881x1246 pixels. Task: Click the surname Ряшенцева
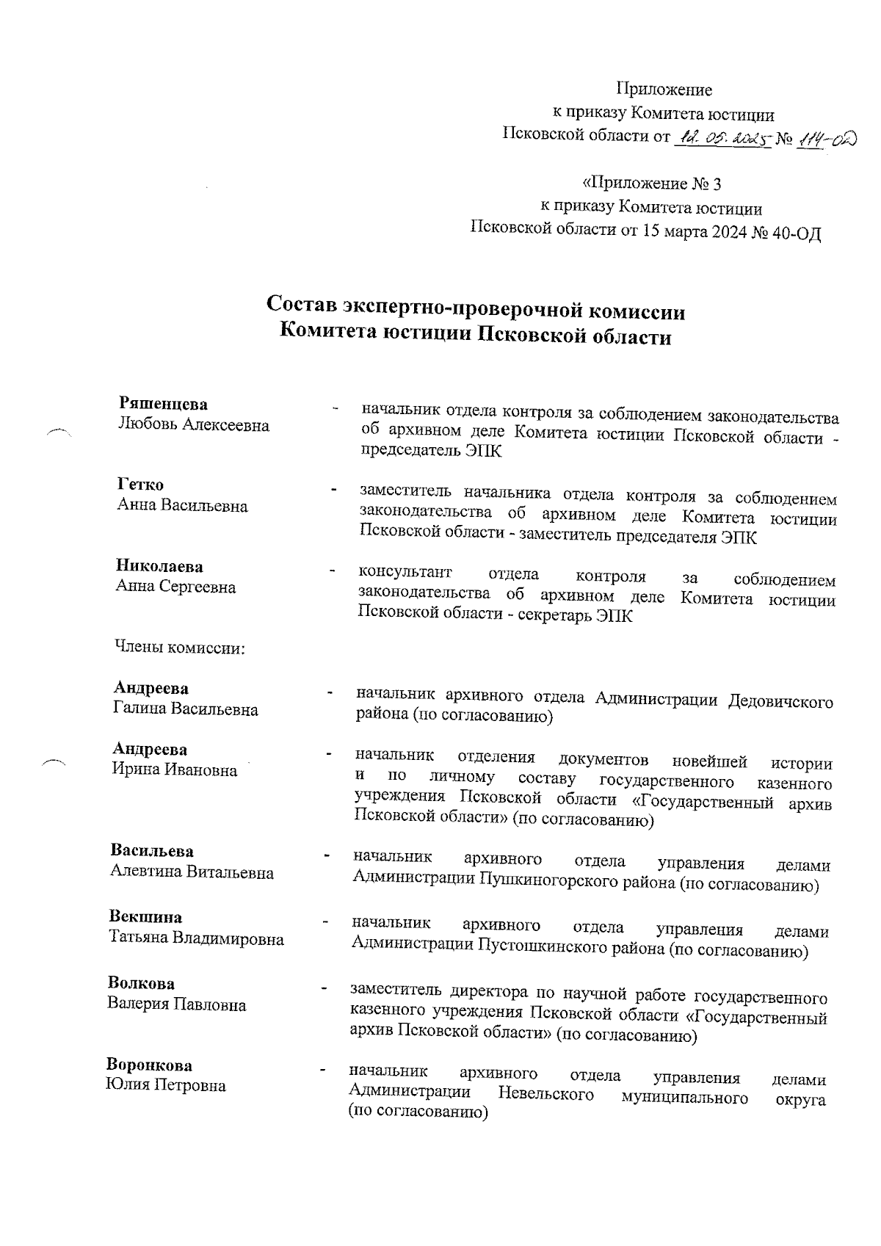[163, 404]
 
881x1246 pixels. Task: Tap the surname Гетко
[140, 485]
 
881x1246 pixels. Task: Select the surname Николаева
[159, 566]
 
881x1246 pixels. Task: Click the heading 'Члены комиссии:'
[179, 648]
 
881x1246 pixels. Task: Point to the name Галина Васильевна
[186, 709]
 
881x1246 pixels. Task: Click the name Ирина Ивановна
[175, 770]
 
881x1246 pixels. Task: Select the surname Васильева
[152, 851]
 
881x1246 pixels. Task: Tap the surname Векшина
[146, 917]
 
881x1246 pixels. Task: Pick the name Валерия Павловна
[177, 1004]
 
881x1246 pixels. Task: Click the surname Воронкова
[150, 1065]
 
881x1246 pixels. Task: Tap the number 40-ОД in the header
[797, 233]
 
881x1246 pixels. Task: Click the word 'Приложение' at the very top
[664, 90]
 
